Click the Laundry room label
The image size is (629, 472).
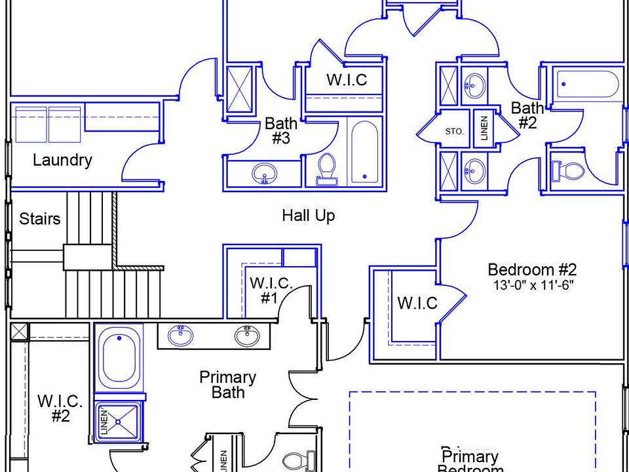coord(62,160)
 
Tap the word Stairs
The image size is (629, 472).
coord(39,218)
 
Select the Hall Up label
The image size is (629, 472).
coord(309,215)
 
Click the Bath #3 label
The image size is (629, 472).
coord(281,130)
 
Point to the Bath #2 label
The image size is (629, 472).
coord(527,115)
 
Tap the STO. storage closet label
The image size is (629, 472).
coord(454,132)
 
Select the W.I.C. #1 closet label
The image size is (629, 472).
coord(270,290)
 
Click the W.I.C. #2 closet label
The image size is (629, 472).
coord(60,408)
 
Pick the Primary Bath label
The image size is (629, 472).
coord(227,385)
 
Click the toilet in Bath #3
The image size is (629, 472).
coord(326,169)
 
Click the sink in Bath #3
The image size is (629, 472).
coord(264,174)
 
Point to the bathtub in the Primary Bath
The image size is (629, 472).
coord(119,360)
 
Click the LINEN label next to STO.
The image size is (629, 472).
coord(485,129)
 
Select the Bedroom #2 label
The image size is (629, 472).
coord(532,269)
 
